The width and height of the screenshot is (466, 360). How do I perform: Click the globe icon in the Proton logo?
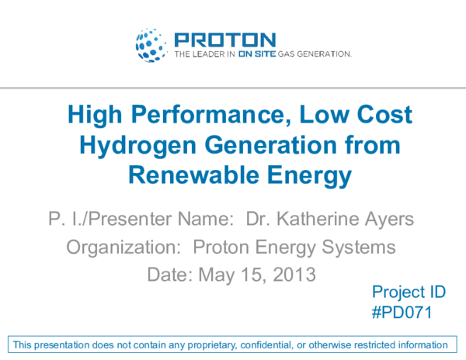(x=151, y=45)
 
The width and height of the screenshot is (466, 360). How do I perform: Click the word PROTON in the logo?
(x=224, y=40)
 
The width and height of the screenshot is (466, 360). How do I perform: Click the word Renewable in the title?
(x=188, y=176)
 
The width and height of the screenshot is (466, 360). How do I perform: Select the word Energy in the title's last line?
(x=310, y=176)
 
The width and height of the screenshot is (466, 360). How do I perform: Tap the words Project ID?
(x=409, y=292)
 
